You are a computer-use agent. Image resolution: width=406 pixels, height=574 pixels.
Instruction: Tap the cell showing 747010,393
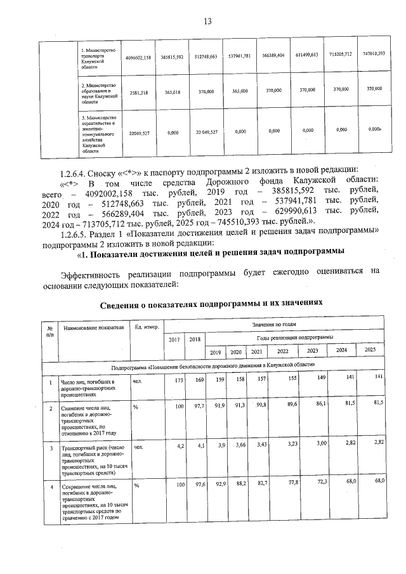tap(373, 53)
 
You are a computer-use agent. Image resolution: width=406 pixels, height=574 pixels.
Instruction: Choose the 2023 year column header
tap(312, 351)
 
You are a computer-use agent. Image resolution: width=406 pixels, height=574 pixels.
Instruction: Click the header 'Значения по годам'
tap(274, 324)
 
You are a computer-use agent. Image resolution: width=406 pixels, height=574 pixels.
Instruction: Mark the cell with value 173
tap(176, 381)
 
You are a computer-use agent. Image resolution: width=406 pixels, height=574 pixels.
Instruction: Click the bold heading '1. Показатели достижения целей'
tap(210, 251)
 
